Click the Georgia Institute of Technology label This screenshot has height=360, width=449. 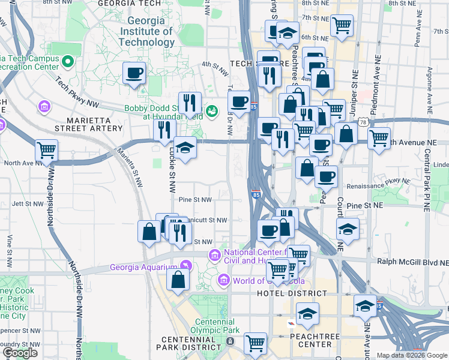[x=146, y=31]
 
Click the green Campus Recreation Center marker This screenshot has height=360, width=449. [x=68, y=61]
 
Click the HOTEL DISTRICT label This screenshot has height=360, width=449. [x=292, y=293]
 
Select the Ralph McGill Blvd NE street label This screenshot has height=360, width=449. [x=412, y=262]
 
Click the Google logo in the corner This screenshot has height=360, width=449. [x=20, y=353]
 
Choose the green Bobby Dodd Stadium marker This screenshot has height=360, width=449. [x=211, y=111]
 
